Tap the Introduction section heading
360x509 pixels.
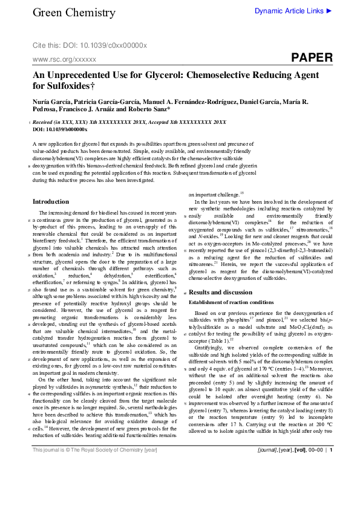pos(51,201)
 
